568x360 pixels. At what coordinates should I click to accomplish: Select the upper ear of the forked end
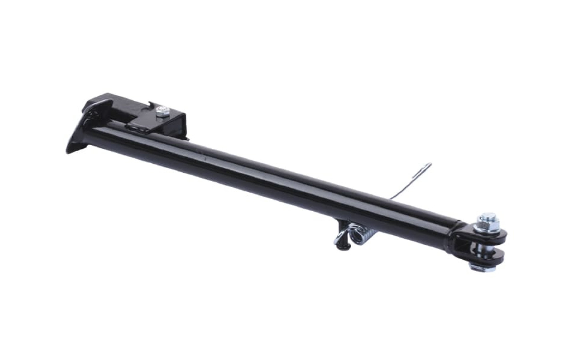coord(494,236)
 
